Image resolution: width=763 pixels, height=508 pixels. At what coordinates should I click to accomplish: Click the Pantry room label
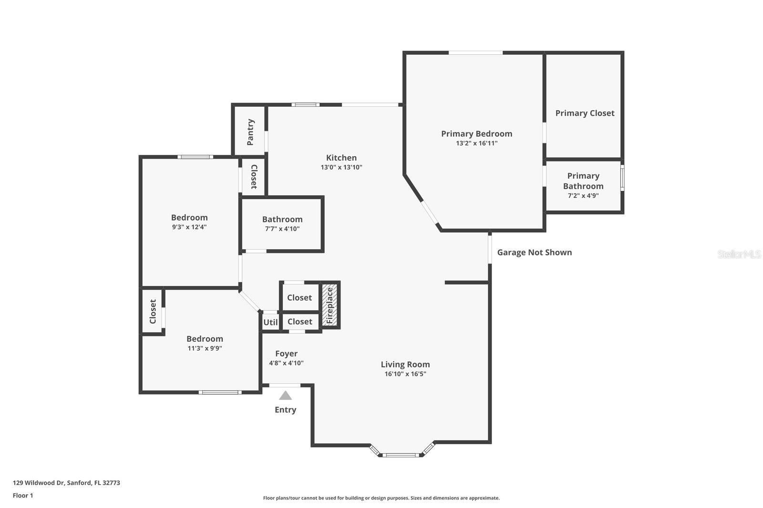click(x=250, y=132)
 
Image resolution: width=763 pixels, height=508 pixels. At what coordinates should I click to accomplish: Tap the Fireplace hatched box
click(x=330, y=305)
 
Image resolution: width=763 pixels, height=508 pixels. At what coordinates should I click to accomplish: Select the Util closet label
click(x=270, y=322)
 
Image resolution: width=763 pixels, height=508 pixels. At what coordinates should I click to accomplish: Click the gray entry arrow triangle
click(x=285, y=395)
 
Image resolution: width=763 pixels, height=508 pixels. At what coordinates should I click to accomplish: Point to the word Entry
click(x=285, y=410)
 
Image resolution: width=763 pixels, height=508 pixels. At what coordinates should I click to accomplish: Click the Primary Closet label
click(x=585, y=113)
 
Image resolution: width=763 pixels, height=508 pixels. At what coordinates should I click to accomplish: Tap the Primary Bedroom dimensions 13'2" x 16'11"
click(x=476, y=143)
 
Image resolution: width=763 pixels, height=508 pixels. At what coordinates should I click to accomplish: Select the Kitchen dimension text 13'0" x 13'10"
click(x=341, y=167)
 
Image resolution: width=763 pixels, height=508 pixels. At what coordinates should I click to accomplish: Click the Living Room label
click(x=405, y=365)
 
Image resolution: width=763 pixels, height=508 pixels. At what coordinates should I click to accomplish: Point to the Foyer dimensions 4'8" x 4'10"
click(x=286, y=363)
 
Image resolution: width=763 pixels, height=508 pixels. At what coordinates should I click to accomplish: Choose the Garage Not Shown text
click(x=534, y=253)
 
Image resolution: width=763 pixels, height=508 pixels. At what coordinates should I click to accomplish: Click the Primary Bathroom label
click(x=583, y=181)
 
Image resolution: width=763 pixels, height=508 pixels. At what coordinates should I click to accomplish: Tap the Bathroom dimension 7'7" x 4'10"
click(x=282, y=229)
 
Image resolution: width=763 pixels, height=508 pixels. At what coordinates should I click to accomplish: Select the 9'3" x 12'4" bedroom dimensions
click(x=189, y=227)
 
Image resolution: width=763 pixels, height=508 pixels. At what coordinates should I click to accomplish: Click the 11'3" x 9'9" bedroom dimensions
click(x=205, y=348)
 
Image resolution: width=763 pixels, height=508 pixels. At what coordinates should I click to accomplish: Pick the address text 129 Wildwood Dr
click(x=39, y=483)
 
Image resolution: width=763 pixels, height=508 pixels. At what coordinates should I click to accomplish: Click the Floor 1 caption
click(x=23, y=496)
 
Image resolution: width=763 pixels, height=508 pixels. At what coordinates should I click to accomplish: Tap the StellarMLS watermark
click(x=739, y=254)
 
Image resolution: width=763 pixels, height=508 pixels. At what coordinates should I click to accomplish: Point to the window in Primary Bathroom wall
click(x=622, y=177)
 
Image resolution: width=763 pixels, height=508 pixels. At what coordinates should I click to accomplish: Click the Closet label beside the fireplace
click(x=299, y=297)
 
